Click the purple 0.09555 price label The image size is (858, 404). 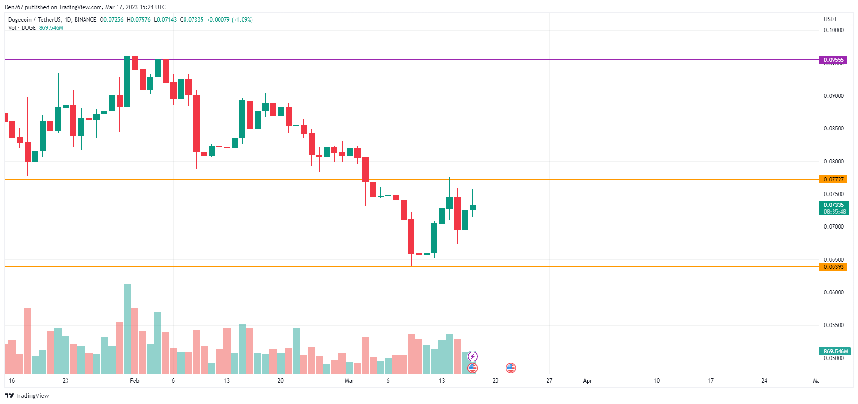click(833, 60)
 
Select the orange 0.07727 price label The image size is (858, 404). click(833, 180)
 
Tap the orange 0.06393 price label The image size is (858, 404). click(833, 267)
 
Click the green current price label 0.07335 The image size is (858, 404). click(833, 205)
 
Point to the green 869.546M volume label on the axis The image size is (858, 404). click(835, 352)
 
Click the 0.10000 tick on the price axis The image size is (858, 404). click(833, 30)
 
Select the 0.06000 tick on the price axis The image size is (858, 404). click(833, 292)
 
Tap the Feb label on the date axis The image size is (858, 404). click(135, 381)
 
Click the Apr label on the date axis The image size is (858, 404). click(588, 381)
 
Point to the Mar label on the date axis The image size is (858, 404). click(349, 381)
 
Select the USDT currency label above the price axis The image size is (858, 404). click(830, 19)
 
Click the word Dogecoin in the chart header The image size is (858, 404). click(20, 20)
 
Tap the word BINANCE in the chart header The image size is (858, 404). click(85, 20)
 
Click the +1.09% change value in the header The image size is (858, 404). click(242, 20)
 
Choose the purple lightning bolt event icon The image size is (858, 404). click(472, 356)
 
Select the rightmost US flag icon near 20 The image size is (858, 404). click(511, 368)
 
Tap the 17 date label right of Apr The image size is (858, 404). click(710, 381)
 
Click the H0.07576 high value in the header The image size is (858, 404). click(139, 20)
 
